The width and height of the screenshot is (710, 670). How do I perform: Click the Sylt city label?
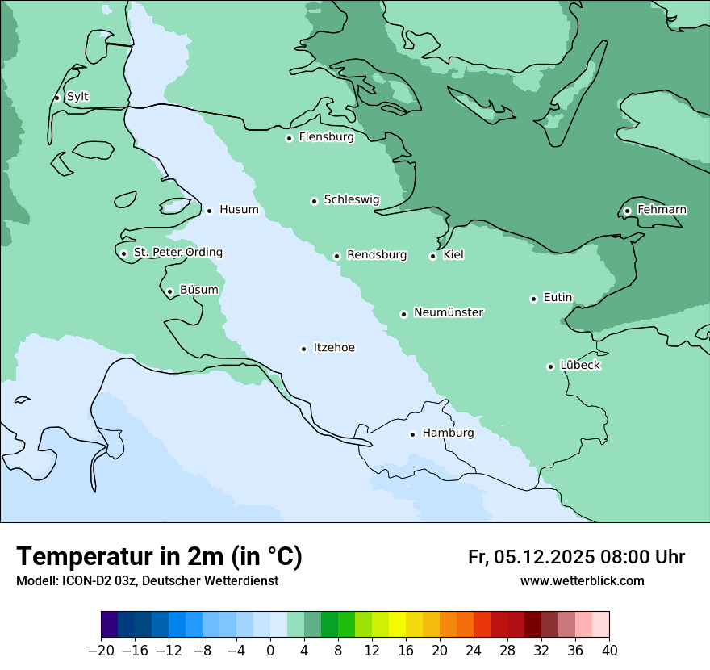(x=77, y=97)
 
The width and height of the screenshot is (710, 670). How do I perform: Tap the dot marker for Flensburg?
(x=289, y=138)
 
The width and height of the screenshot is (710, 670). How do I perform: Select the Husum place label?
(x=239, y=210)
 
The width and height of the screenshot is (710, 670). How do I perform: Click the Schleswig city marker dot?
(x=314, y=201)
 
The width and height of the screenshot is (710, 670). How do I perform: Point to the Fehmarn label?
(x=662, y=210)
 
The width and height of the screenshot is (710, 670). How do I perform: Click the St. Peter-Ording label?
(x=177, y=253)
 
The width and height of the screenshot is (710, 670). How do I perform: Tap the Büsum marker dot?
(x=169, y=291)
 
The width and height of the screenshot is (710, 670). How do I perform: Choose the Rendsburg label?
(x=377, y=255)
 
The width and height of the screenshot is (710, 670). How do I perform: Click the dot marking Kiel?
(x=432, y=256)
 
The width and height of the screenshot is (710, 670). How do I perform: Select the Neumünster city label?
(x=449, y=312)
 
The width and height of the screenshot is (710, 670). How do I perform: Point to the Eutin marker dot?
(x=533, y=299)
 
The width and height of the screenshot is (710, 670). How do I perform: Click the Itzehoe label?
(x=334, y=348)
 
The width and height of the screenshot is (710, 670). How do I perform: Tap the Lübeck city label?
(x=580, y=366)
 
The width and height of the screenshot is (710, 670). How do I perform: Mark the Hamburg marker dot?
(x=412, y=434)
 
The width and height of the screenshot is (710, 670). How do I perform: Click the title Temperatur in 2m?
(x=159, y=556)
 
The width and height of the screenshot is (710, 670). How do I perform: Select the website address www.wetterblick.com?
(x=582, y=581)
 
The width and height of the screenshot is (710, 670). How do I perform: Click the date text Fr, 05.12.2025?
(x=531, y=557)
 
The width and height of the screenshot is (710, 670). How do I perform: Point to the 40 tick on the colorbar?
(x=609, y=651)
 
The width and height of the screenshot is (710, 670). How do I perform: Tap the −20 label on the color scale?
(x=101, y=651)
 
